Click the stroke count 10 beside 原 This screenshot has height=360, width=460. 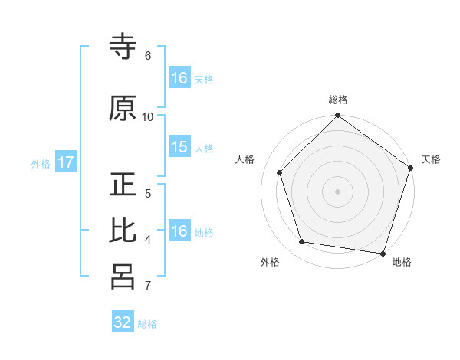pos(148,116)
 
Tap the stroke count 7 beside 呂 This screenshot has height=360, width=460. pos(148,286)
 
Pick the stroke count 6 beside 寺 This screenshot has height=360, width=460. pos(148,56)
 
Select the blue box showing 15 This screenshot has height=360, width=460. pos(179,147)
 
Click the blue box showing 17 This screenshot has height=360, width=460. pos(66,162)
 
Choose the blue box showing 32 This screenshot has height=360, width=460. pos(123,322)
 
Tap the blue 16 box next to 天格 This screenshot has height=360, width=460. pos(179,78)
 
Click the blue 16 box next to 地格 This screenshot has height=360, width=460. pos(179,231)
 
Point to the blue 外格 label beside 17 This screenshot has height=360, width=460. pos(41,163)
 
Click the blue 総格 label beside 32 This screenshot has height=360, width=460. pos(147,324)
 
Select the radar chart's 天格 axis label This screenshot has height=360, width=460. pos(432,159)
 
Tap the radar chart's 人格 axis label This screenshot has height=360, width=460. pos(245,159)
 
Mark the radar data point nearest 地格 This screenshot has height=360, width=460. pos(383,253)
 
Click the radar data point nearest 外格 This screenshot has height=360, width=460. pos(302,242)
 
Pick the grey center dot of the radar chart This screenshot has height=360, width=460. pos(337,191)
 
